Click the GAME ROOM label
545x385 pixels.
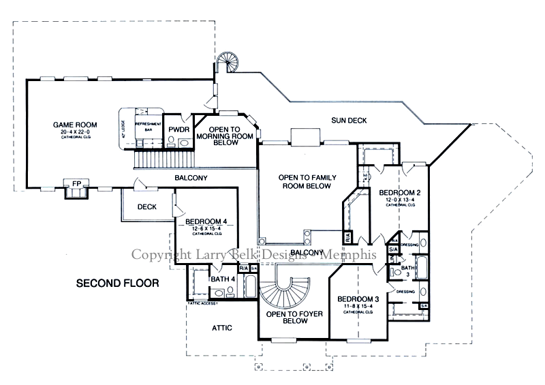(x=76, y=125)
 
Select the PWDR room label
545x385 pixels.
(x=178, y=129)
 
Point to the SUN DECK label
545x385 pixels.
(x=349, y=121)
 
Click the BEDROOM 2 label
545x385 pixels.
(x=399, y=193)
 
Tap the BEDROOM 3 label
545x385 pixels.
(x=358, y=299)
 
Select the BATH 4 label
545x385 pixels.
(x=223, y=279)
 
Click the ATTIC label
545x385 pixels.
(x=221, y=328)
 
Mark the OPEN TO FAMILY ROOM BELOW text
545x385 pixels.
(x=305, y=181)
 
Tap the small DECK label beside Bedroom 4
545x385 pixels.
(x=147, y=207)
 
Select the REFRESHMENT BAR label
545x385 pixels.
(x=147, y=125)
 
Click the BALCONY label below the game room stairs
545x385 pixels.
(x=191, y=178)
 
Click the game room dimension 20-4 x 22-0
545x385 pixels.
(x=76, y=132)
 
